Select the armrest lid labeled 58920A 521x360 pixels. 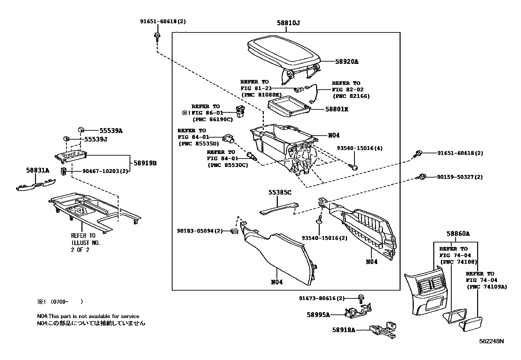point(283,52)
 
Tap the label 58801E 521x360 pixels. point(336,109)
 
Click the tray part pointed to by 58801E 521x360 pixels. point(288,106)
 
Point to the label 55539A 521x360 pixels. point(111,131)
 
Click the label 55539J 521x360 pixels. point(96,139)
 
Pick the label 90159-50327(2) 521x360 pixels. point(460,177)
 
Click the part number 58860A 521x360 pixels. point(458,234)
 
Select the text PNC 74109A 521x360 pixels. point(487,287)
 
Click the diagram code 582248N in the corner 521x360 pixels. point(491,341)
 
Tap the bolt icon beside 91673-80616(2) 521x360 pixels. point(361,298)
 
